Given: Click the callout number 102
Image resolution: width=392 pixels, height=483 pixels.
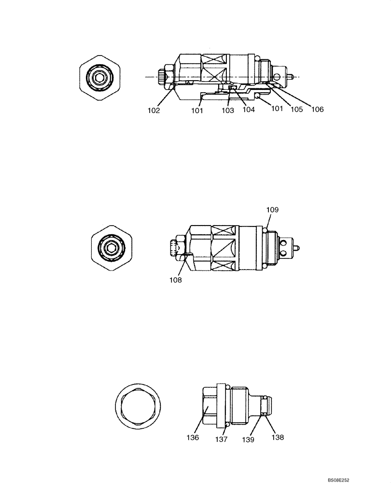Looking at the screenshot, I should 154,110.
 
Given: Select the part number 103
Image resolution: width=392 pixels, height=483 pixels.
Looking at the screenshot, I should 227,111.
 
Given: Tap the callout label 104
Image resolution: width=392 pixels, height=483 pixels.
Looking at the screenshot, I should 249,110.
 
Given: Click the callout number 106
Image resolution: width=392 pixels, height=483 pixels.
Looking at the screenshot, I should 317,110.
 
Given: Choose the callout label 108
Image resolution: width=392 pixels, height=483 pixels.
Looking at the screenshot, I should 176,280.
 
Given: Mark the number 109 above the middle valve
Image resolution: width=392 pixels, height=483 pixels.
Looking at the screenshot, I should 272,210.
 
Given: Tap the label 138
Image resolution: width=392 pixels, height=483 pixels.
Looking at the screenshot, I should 277,437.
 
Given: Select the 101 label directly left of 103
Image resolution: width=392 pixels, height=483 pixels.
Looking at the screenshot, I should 196,111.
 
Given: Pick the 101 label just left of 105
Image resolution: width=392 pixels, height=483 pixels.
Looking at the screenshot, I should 277,109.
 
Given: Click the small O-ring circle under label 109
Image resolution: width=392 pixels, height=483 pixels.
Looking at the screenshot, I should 266,230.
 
